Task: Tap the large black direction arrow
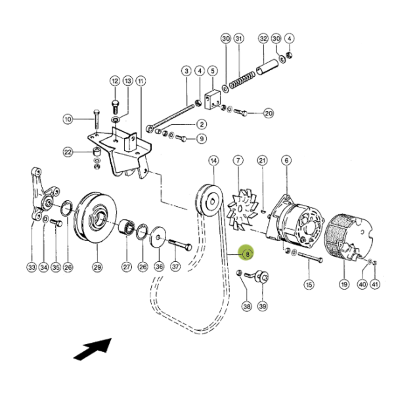click(91, 349)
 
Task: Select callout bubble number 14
click(213, 161)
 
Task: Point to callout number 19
click(342, 284)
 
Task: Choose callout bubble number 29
click(97, 267)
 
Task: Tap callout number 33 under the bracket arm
click(31, 267)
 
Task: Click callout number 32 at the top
click(263, 39)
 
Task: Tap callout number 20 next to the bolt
click(268, 112)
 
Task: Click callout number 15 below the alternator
click(308, 284)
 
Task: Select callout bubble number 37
click(175, 267)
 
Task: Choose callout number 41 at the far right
click(376, 284)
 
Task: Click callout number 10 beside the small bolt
click(68, 119)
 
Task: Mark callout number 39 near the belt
click(263, 306)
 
